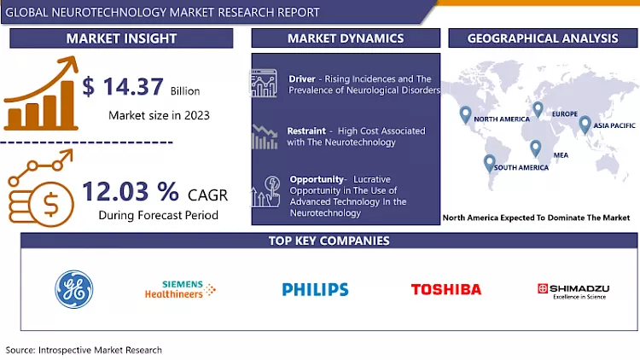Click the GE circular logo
pyautogui.click(x=73, y=288)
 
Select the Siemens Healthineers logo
pyautogui.click(x=186, y=289)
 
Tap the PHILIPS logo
pyautogui.click(x=316, y=289)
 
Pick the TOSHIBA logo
pyautogui.click(x=446, y=289)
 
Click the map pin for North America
pyautogui.click(x=465, y=114)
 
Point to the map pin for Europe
pyautogui.click(x=538, y=110)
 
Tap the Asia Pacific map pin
pyautogui.click(x=585, y=125)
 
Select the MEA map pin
pyautogui.click(x=535, y=148)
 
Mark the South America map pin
pyautogui.click(x=490, y=162)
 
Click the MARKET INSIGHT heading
pyautogui.click(x=122, y=38)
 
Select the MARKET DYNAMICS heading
pyautogui.click(x=346, y=38)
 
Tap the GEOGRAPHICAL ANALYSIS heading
pyautogui.click(x=544, y=38)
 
